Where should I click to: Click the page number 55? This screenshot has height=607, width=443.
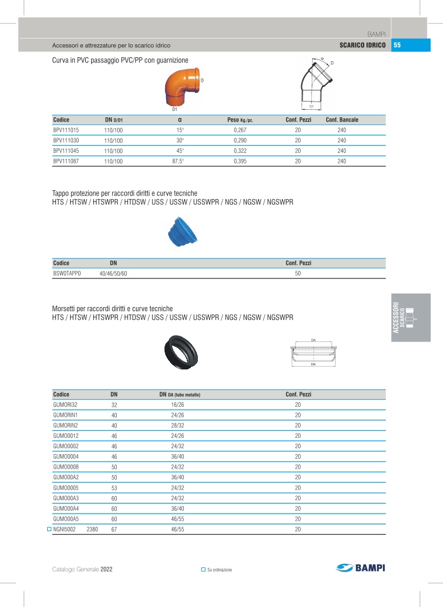click(397, 46)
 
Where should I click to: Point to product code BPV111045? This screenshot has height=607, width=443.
click(66, 151)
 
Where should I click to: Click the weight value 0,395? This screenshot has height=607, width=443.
click(240, 162)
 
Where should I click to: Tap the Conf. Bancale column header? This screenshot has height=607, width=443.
click(342, 120)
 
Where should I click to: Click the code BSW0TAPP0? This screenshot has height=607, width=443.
click(67, 273)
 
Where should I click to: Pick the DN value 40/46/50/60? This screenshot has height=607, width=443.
click(113, 273)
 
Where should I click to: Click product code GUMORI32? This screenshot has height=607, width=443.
click(65, 404)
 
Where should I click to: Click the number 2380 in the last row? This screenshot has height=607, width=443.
click(93, 529)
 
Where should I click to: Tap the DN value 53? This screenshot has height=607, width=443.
click(114, 487)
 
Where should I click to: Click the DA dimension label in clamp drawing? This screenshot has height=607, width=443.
click(313, 340)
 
